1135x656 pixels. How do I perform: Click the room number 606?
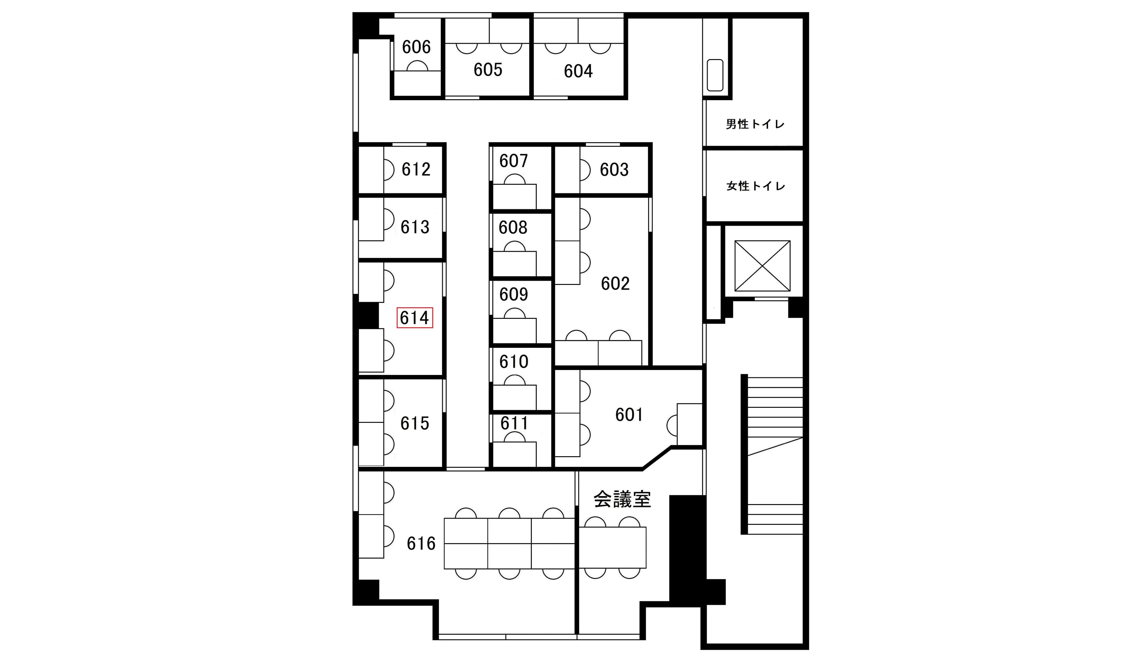click(416, 47)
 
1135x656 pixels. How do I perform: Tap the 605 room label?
click(488, 70)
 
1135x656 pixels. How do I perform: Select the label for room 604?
click(578, 71)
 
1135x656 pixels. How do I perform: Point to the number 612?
click(416, 169)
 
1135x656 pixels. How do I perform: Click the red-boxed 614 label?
click(414, 317)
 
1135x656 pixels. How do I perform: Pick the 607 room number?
click(513, 161)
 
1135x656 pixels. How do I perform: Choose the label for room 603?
click(614, 170)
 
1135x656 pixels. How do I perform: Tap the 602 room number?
click(615, 284)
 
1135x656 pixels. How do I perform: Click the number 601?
click(629, 415)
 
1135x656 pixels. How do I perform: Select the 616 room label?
click(421, 543)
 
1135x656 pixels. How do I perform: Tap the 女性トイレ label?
click(755, 186)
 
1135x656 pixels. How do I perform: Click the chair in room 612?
click(389, 170)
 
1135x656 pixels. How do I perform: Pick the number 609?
click(513, 294)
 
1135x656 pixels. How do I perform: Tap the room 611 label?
click(514, 423)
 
